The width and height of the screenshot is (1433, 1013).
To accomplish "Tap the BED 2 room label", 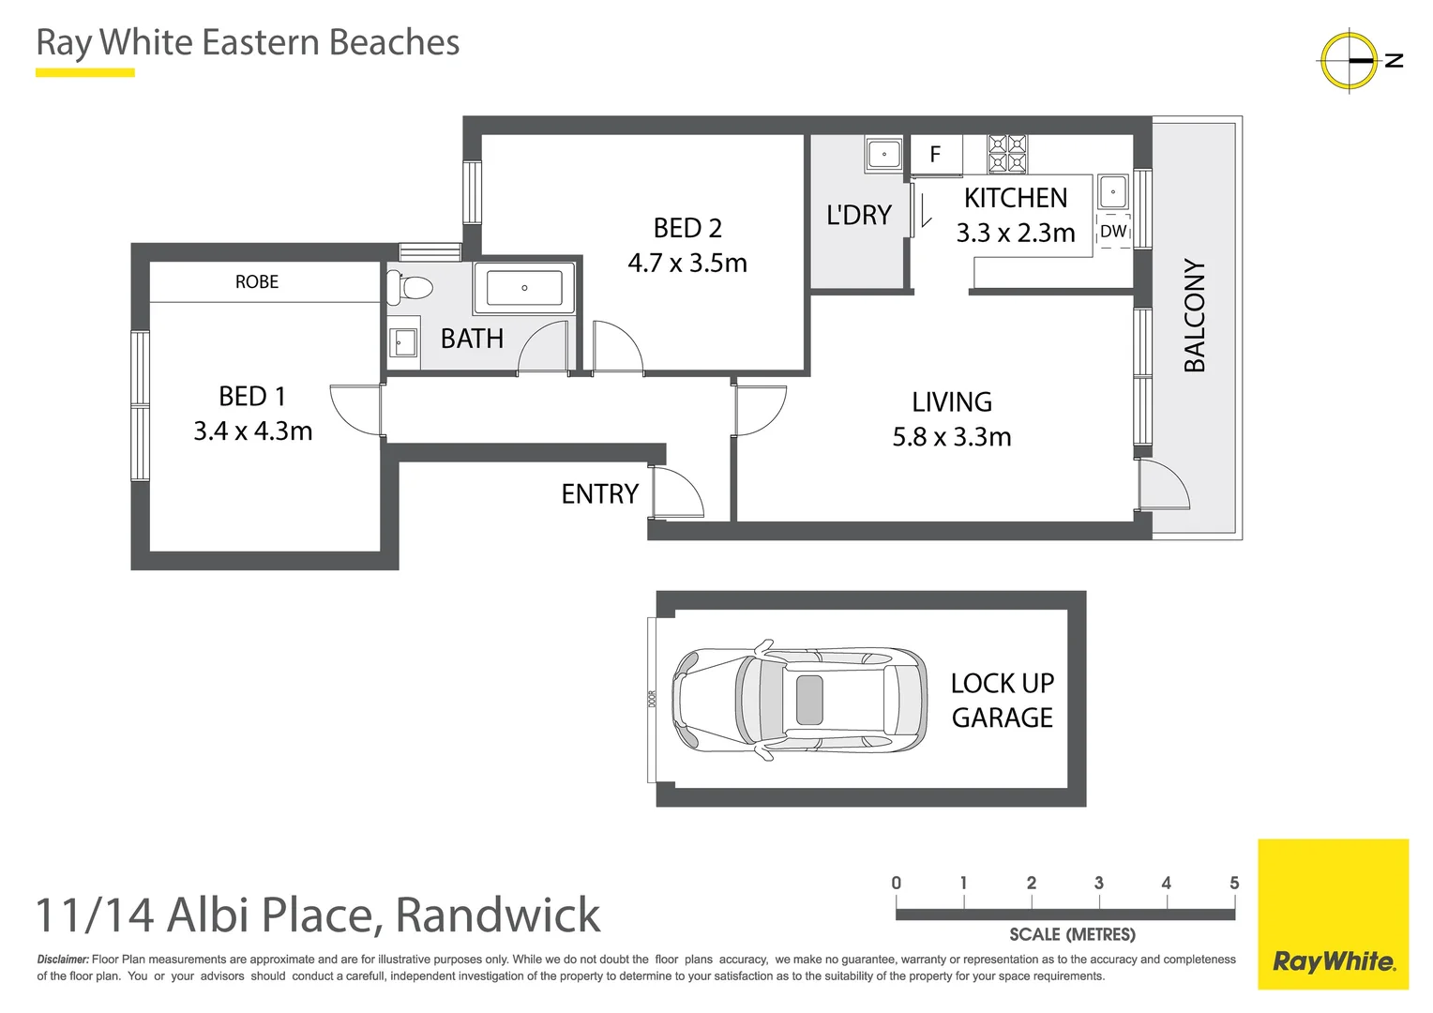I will click(x=687, y=228).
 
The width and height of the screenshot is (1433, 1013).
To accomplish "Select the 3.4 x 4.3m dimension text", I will click(x=252, y=431).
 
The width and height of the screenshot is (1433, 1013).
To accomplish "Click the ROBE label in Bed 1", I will click(x=256, y=281).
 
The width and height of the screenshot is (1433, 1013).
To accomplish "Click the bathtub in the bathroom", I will click(x=523, y=288).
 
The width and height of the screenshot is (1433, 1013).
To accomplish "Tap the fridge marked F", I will click(x=935, y=155).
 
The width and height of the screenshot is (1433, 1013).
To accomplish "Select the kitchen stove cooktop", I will click(x=1007, y=154).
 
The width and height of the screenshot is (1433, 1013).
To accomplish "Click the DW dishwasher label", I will click(x=1112, y=232).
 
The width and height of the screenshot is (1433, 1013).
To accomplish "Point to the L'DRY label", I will click(x=858, y=215).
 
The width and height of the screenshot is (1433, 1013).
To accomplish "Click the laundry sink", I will click(x=883, y=154).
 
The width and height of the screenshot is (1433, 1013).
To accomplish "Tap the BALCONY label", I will click(x=1194, y=315).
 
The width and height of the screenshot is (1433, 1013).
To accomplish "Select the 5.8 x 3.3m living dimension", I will click(x=951, y=437).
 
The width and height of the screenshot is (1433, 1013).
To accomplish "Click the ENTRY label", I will click(x=599, y=494).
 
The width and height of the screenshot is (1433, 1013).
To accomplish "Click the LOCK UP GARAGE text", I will click(x=1002, y=700).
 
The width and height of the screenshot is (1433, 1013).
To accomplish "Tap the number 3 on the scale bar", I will click(x=1098, y=883).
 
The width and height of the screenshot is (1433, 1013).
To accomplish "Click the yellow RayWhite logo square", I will click(x=1333, y=915).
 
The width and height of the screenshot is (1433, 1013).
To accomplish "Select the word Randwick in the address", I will click(x=497, y=915).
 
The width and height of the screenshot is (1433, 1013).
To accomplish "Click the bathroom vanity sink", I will click(x=402, y=342).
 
